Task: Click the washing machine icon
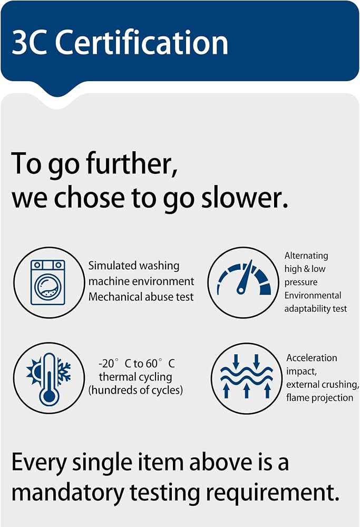[48, 282]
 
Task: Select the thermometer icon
[49, 379]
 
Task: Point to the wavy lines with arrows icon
[246, 376]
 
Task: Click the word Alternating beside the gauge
[306, 256]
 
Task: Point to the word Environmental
[313, 295]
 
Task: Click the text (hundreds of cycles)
[135, 390]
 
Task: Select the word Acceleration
[312, 358]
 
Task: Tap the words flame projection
[319, 398]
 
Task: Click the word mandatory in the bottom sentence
[68, 493]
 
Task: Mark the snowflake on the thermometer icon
[64, 372]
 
